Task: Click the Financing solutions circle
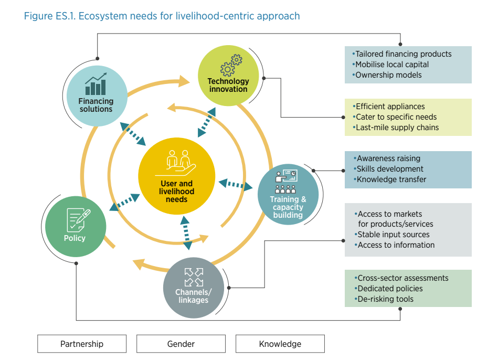(97, 96)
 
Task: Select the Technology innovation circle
(228, 76)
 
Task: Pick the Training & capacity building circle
(288, 194)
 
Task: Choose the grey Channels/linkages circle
(193, 288)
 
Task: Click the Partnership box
(82, 344)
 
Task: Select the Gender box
(181, 344)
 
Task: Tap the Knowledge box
(280, 344)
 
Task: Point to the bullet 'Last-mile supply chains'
(397, 128)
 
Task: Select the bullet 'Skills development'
(390, 169)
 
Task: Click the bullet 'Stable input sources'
(393, 235)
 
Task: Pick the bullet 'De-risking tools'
(385, 299)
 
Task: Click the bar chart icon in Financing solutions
(96, 84)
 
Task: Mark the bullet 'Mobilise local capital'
(392, 65)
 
